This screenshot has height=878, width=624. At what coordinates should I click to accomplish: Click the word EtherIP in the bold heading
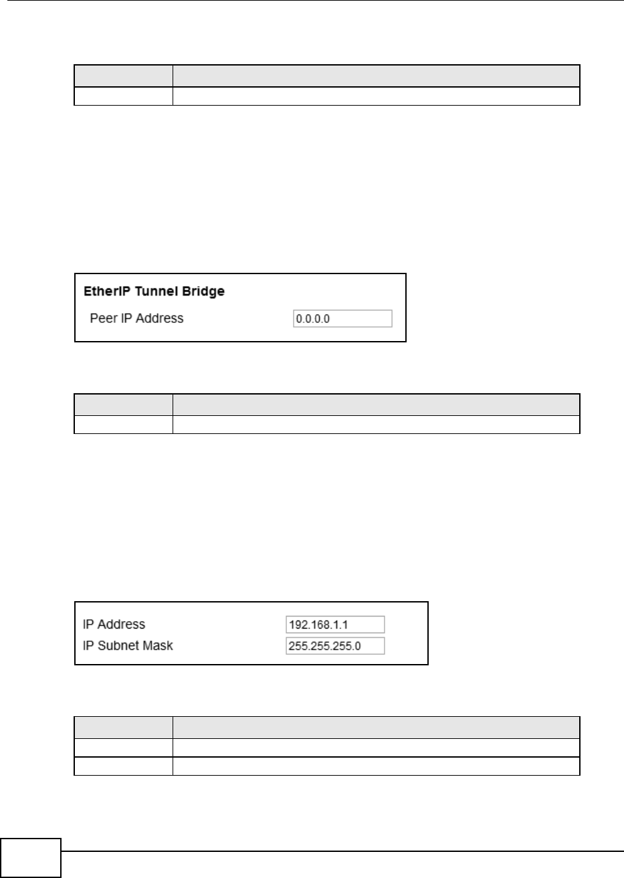click(102, 292)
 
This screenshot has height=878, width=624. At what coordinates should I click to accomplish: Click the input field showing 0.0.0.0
click(342, 318)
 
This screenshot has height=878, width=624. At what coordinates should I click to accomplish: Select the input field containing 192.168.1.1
click(334, 625)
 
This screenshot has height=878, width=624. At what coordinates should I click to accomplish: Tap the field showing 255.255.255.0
click(334, 646)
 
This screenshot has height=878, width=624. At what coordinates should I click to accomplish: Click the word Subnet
click(114, 646)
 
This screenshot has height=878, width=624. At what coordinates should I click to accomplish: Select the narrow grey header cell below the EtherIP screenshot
click(122, 404)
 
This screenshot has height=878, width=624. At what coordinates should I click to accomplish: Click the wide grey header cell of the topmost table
click(376, 76)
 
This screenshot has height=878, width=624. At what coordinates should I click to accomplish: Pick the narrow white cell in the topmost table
click(122, 96)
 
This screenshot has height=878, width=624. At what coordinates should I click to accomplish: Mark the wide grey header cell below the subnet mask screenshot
click(376, 726)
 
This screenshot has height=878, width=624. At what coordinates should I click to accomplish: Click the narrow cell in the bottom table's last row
click(122, 766)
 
